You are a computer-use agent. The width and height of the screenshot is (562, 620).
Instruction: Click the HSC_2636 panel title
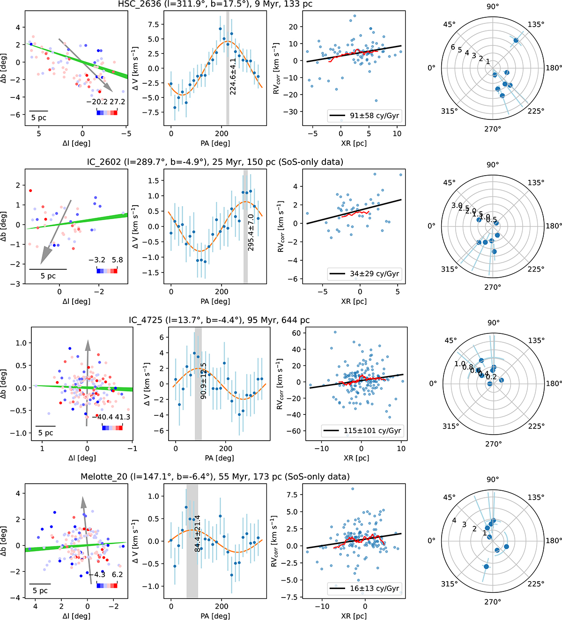215,4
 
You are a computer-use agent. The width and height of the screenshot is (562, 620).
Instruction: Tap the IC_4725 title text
219,320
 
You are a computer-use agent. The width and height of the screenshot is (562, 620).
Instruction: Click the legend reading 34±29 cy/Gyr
364,273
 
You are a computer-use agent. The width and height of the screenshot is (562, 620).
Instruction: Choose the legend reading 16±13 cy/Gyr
364,588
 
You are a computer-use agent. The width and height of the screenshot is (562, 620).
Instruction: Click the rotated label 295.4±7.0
251,232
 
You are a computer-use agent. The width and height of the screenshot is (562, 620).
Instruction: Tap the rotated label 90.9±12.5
203,381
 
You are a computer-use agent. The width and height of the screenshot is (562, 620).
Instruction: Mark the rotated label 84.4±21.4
197,533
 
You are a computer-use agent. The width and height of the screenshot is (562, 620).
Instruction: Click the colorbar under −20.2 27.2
107,112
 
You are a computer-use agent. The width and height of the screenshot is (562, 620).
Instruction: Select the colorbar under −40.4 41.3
112,427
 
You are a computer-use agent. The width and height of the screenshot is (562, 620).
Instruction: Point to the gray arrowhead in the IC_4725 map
87,345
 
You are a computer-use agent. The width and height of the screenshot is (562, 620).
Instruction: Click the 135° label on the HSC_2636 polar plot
536,24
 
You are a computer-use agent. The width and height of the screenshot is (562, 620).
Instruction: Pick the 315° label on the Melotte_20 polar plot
449,583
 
